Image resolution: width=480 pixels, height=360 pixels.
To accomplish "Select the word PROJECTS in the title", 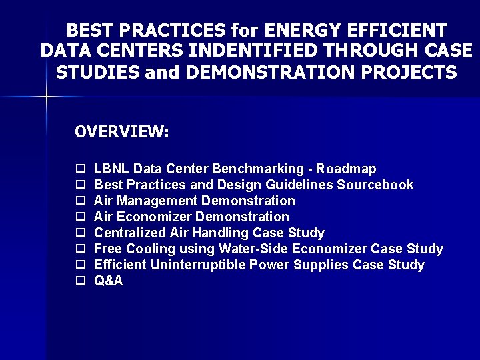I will click(406, 73).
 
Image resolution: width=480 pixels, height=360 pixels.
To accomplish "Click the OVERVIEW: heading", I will click(122, 132).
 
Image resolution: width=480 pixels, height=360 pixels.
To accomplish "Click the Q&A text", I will click(109, 281).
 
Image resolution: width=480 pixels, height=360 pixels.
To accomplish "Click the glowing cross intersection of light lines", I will click(47, 97).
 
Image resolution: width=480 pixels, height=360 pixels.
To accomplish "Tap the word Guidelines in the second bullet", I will click(301, 185).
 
